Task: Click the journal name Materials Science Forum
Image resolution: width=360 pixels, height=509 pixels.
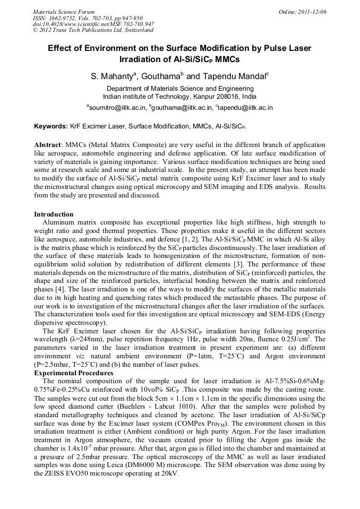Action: tap(64, 12)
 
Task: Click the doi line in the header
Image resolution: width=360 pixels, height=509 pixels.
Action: tap(93, 24)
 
